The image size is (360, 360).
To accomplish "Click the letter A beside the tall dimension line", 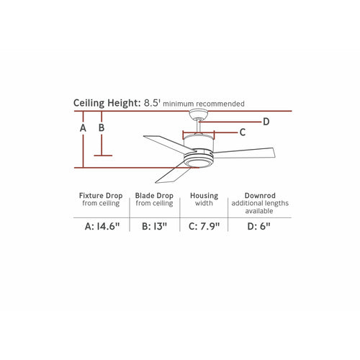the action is coord(83,128).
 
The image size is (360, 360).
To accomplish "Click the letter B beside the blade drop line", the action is coord(102,127).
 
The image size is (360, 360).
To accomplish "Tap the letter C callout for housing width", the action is coord(243,132).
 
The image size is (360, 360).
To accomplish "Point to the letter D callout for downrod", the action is coord(266,122).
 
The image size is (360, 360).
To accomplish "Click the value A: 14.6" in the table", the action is coord(102,226).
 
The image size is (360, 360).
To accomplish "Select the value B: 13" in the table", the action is coord(154,226).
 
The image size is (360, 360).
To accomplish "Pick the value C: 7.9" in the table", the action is coord(204,226).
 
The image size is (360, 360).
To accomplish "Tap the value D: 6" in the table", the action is coord(258,226).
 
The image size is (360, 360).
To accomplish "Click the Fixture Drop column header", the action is coord(101,196).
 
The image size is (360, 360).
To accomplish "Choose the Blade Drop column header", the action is coord(154,196).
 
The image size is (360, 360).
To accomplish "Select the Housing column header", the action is coord(204,196).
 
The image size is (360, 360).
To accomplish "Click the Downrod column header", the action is coord(260,196).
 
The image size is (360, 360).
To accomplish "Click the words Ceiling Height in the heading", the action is coord(107,103).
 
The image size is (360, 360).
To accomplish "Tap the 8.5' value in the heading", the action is coord(152,103).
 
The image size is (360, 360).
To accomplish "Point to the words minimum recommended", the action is coord(204,104).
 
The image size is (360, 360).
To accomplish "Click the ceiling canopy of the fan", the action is coord(198,114).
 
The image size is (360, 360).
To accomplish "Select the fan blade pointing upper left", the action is coord(168,143).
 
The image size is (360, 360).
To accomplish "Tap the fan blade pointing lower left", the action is coord(173,174).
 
